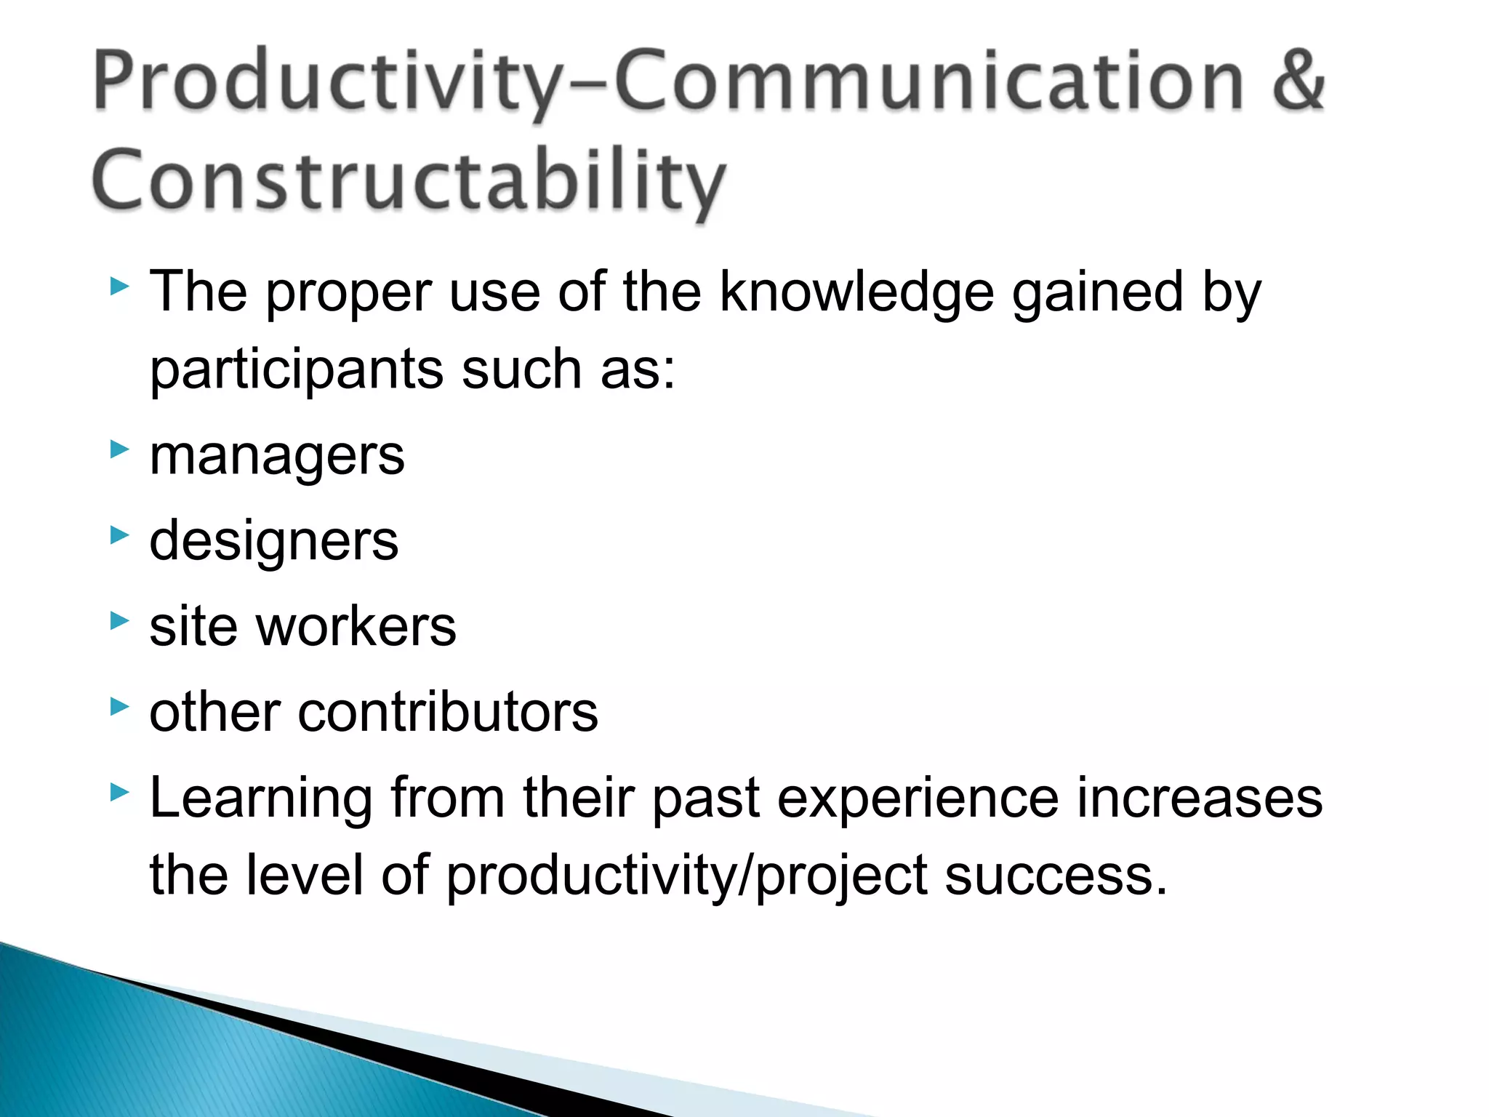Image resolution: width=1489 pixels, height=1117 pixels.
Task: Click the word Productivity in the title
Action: click(327, 81)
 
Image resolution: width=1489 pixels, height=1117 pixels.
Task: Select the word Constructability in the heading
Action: click(409, 182)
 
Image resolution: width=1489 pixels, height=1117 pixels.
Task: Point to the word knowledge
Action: click(856, 292)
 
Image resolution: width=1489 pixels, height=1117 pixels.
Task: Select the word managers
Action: click(276, 457)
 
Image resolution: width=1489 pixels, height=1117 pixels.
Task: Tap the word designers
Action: click(273, 542)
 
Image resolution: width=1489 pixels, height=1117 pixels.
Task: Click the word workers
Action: click(356, 627)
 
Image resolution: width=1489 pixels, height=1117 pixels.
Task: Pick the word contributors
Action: click(447, 712)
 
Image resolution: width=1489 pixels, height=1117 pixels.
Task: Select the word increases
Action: click(1199, 798)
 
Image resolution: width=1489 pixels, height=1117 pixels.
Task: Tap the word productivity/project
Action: click(686, 877)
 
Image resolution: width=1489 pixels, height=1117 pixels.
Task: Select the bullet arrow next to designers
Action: click(119, 535)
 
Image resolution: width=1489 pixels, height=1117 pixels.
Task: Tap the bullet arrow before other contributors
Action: click(119, 705)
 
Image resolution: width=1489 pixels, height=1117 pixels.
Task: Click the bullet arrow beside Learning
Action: click(119, 791)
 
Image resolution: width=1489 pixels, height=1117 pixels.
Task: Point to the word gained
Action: click(1098, 292)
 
